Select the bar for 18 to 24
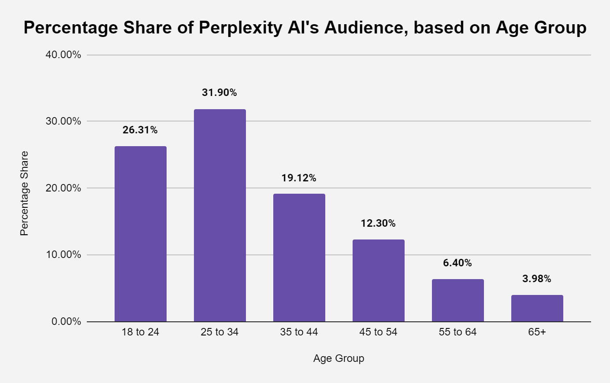[140, 234]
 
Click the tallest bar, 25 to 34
[219, 215]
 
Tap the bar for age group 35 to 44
[299, 258]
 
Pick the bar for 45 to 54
[378, 280]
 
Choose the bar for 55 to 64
[457, 300]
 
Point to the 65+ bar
[537, 308]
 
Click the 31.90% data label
[219, 92]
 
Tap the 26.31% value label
[140, 130]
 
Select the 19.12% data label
[299, 178]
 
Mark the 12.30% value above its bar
[378, 223]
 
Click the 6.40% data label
[457, 263]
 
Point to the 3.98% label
[537, 279]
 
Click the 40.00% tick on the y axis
[63, 55]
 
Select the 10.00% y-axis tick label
[63, 255]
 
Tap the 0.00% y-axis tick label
[66, 322]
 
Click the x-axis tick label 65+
[537, 332]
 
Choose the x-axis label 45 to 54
[378, 332]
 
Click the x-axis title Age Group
[338, 358]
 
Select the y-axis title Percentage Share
[24, 193]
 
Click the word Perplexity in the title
[240, 28]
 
